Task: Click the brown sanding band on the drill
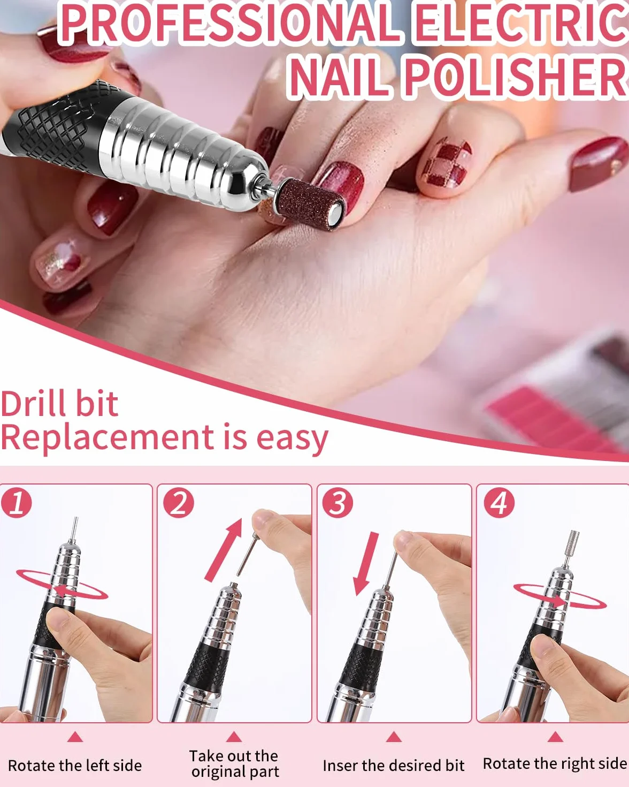click(309, 202)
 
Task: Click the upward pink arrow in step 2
click(224, 550)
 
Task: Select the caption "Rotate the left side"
click(75, 766)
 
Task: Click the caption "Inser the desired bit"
click(394, 766)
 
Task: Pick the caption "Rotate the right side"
click(555, 763)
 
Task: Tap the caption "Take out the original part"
click(234, 763)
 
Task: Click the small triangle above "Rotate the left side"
click(75, 737)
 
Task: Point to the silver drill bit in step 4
click(571, 549)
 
